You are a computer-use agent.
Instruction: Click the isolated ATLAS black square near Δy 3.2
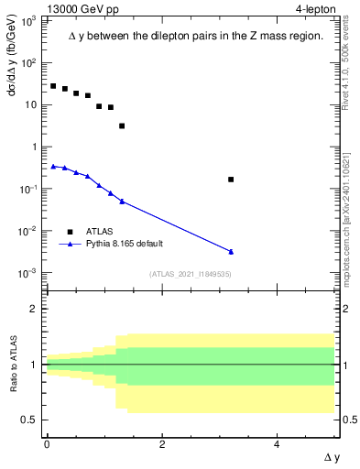231,180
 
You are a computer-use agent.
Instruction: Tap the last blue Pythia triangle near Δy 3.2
231,251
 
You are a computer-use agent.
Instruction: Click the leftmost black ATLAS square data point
53,86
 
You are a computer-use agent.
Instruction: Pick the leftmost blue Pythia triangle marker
53,167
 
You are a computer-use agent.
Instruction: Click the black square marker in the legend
70,232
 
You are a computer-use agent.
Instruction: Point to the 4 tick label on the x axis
278,444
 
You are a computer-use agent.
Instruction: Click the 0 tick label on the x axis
47,444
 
